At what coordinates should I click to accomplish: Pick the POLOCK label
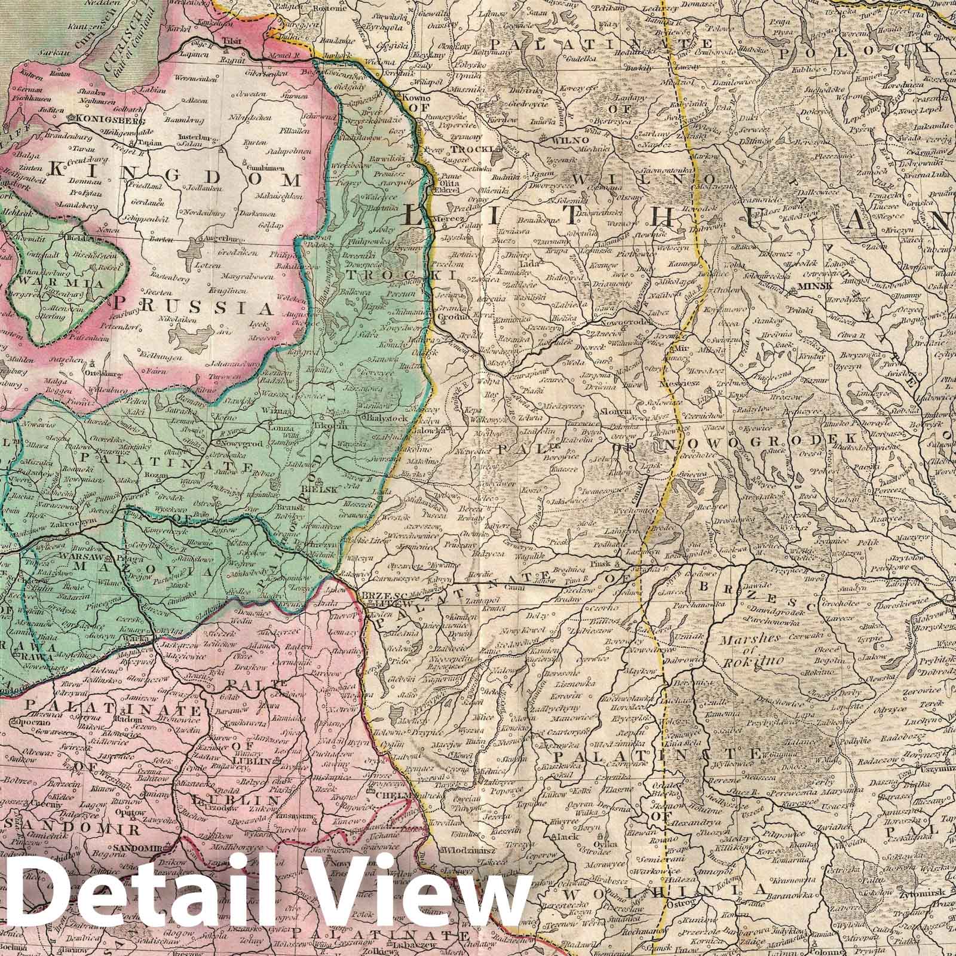click(x=854, y=50)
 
